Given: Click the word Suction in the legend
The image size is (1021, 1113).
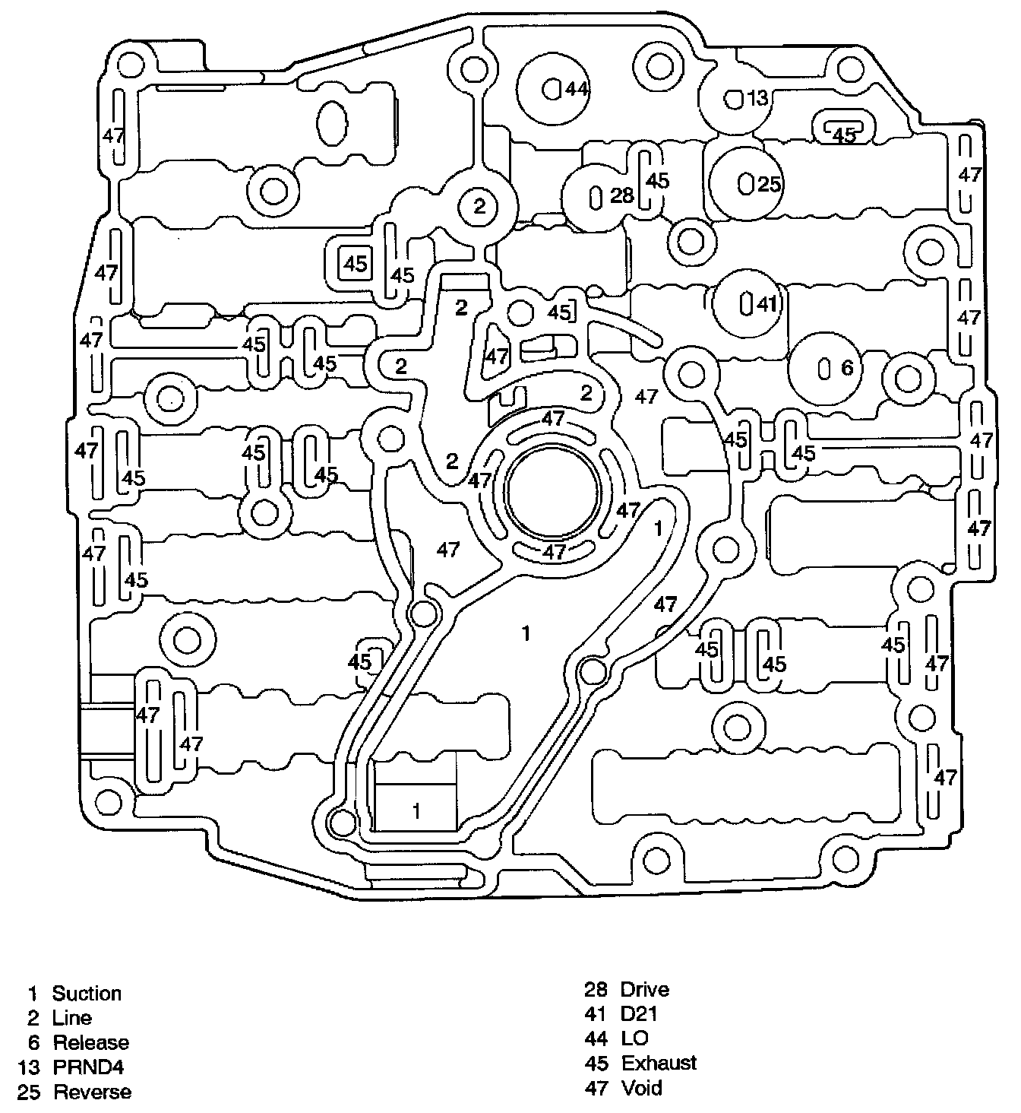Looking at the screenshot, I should coord(86,994).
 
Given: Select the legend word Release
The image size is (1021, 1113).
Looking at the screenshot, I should coord(90,1043).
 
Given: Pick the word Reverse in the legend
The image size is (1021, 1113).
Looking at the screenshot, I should coord(92,1092).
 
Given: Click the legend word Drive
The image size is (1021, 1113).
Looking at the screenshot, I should coord(645,989).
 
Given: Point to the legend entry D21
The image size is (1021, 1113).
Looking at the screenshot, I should coord(639,1013).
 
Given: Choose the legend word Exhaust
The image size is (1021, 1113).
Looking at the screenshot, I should coord(659,1063).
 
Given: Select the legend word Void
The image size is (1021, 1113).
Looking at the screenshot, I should coord(641,1088).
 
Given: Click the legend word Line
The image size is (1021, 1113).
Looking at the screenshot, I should coord(71,1018).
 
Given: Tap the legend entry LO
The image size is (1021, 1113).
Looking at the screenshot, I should coord(635,1038).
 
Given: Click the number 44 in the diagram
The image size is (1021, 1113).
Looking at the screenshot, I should coord(577,90).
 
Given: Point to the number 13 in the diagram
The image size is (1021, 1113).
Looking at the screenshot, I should coord(757,98).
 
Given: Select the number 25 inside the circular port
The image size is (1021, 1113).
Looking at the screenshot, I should coord(769,184).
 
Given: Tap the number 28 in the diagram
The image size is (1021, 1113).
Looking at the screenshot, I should coord(621,196).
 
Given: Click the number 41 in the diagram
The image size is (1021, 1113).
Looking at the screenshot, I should coord(767,304).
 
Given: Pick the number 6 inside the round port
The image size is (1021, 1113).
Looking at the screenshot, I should coord(847,368).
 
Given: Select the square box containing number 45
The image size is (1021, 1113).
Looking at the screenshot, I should coord(355,264).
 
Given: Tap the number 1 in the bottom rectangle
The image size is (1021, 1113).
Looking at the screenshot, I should coord(416,811).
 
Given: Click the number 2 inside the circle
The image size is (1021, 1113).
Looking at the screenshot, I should coord(479,206).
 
